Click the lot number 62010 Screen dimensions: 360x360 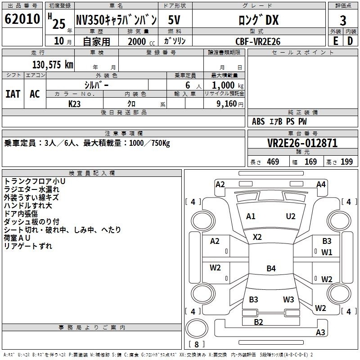[22, 19]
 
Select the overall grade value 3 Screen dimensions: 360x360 [343, 20]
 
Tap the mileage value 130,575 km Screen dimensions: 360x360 [53, 64]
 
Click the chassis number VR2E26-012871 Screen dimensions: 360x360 [302, 143]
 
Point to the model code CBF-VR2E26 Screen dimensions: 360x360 [258, 41]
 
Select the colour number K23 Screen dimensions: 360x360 [74, 104]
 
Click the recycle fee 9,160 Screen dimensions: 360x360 [227, 104]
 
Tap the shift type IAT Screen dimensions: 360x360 [13, 94]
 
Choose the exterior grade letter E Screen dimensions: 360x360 [335, 41]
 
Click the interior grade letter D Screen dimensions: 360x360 [350, 41]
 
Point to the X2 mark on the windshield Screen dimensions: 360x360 [257, 237]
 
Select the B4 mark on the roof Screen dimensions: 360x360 [271, 268]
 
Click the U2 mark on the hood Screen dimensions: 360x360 [291, 216]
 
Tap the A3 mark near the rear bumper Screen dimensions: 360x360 [320, 333]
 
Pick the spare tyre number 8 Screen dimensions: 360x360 [197, 344]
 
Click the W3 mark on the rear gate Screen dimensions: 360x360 [288, 300]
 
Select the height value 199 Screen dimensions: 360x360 [346, 162]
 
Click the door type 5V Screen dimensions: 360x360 [174, 20]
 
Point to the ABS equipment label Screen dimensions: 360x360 [258, 121]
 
